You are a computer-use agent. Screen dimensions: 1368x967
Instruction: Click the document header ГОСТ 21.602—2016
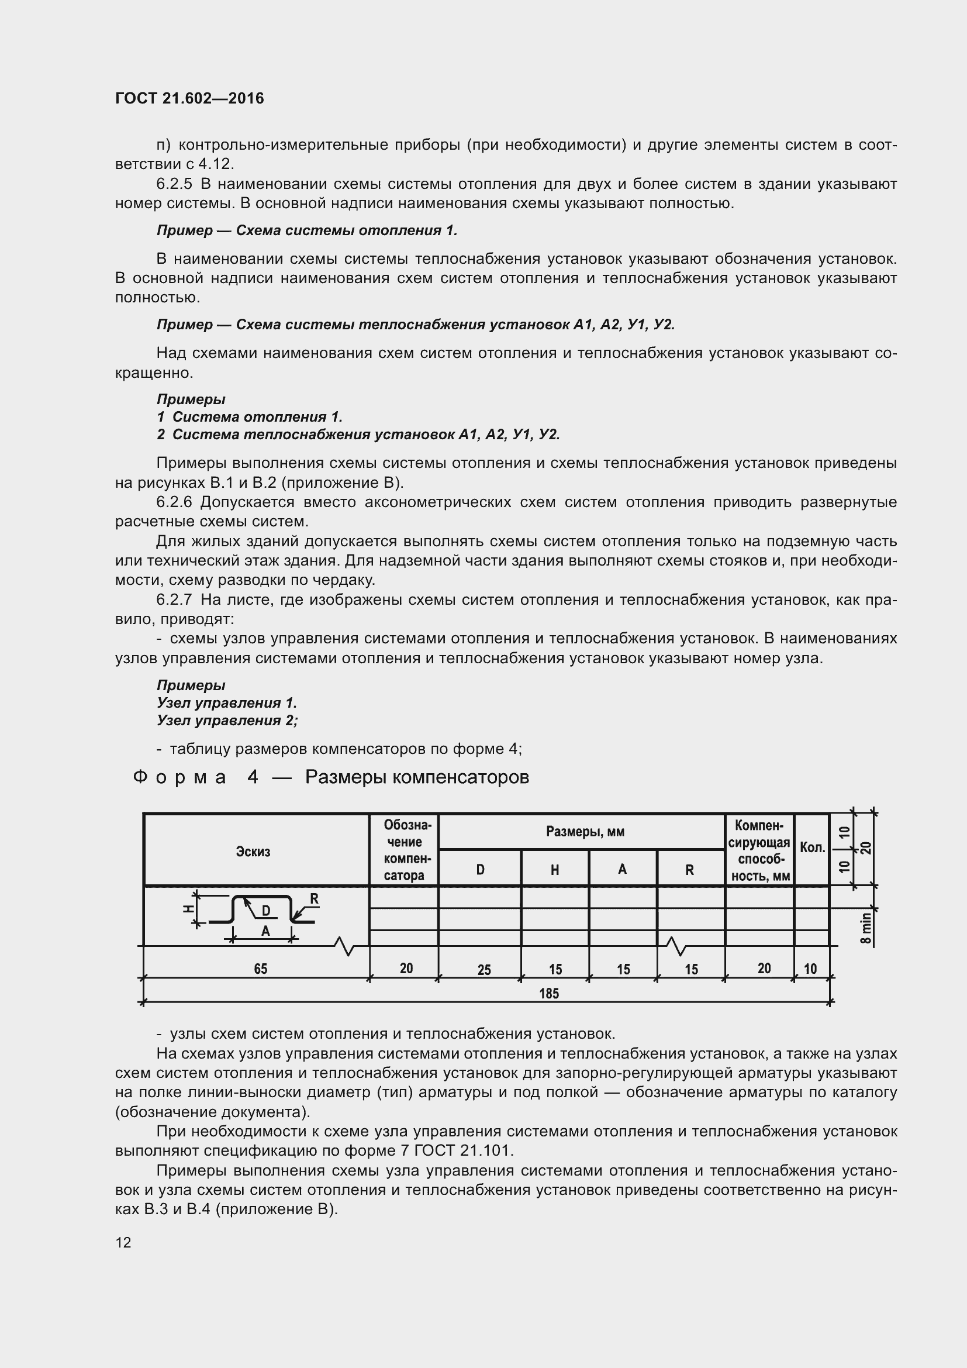click(189, 98)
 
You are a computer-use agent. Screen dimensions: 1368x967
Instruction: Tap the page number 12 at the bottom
click(123, 1242)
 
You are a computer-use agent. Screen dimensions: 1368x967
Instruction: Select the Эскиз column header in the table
click(253, 852)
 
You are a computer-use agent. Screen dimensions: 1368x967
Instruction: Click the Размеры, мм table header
click(585, 831)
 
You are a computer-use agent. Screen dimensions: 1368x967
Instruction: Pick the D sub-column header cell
click(480, 869)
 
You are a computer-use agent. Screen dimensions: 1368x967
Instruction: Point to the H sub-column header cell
click(554, 870)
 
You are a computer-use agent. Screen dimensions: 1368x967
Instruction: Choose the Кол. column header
click(812, 847)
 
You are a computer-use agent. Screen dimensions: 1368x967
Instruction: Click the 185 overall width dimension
click(549, 993)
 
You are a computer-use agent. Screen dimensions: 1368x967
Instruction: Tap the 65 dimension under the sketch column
click(261, 969)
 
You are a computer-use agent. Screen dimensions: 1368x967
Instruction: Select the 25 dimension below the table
click(484, 970)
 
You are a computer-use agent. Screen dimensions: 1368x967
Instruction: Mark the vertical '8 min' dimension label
click(866, 928)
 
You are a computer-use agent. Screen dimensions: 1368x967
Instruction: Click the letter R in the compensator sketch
click(315, 898)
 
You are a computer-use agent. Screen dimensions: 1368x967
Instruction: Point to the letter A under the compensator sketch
click(265, 931)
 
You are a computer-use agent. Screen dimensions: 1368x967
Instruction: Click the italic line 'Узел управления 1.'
click(226, 703)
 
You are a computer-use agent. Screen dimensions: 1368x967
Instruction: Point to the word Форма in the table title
click(179, 777)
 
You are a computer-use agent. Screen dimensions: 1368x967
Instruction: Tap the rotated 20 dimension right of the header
click(867, 847)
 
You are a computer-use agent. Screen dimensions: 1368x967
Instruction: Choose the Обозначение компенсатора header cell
click(404, 850)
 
